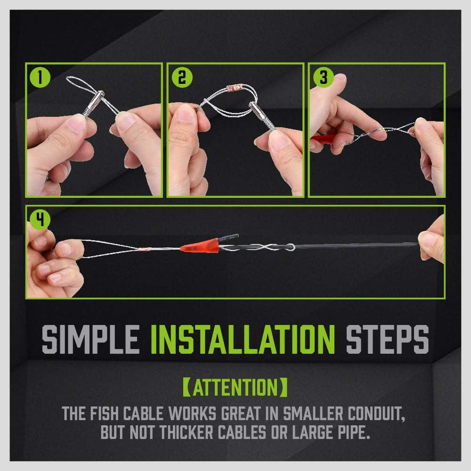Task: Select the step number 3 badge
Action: (323, 77)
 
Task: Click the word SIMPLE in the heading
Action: (89, 338)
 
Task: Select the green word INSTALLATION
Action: (243, 338)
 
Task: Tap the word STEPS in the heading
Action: (387, 338)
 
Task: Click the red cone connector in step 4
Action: (198, 245)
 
